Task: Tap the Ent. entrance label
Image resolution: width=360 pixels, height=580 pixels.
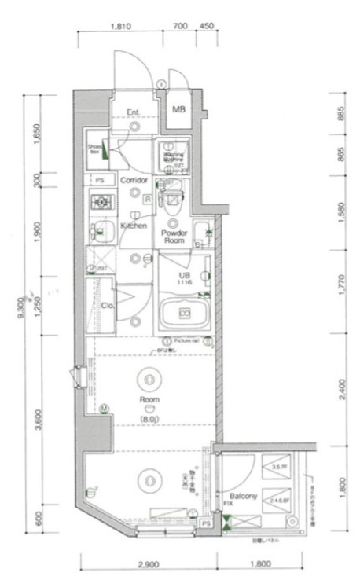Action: tap(133, 112)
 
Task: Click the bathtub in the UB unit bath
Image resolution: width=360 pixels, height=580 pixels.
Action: tap(185, 314)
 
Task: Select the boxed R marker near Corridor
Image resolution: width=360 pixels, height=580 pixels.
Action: tap(147, 200)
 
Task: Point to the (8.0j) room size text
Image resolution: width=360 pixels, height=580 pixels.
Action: tap(149, 419)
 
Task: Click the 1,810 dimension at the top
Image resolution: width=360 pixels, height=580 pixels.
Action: tap(120, 26)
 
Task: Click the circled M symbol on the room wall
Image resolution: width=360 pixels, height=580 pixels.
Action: tap(104, 407)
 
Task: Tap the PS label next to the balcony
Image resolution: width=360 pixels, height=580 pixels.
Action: tap(206, 523)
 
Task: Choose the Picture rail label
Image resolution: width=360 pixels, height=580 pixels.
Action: tap(189, 340)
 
